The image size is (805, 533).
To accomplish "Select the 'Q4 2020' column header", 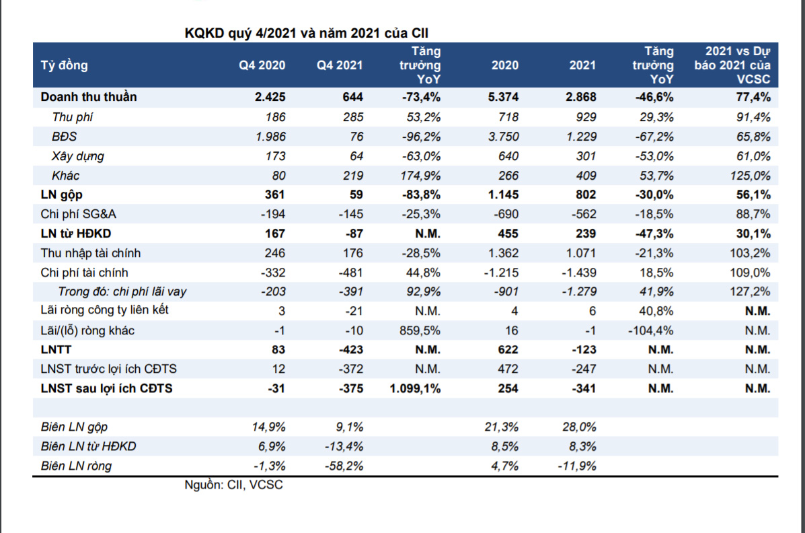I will tap(262, 65).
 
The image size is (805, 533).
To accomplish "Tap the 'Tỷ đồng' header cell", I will tap(65, 65).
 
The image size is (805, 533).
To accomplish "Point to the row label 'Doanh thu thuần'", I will tap(88, 97).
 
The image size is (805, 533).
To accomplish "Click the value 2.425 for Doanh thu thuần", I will tap(270, 97).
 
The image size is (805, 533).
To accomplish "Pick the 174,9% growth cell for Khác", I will tap(421, 176).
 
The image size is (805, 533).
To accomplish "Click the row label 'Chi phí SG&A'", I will tap(79, 215).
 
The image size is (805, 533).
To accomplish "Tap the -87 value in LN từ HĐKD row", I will tap(352, 234).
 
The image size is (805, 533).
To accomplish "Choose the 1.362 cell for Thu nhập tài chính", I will tap(504, 254).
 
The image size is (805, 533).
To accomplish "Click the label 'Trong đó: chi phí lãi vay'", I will tap(122, 292).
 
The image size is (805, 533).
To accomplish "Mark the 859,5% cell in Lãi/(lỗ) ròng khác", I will tap(421, 330).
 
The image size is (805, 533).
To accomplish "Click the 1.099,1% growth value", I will tap(414, 388).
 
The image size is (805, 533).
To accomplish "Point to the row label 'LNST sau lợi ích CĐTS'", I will tap(106, 388).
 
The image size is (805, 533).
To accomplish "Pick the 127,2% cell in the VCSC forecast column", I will tap(751, 292).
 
